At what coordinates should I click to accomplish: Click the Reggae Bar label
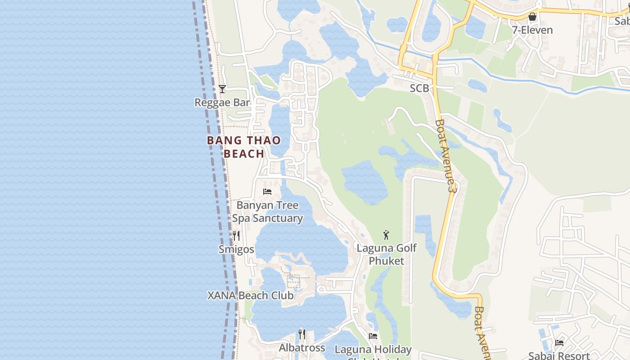[222, 103]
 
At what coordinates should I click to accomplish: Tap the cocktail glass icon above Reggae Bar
[222, 89]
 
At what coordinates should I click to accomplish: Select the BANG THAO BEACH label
[244, 147]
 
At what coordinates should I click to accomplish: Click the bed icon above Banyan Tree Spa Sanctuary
[267, 192]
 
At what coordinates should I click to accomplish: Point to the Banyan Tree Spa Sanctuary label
[267, 211]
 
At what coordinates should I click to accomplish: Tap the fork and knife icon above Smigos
[236, 235]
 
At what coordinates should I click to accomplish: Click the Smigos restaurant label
[236, 249]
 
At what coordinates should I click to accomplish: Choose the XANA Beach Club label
[250, 296]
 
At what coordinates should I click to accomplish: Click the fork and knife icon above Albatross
[302, 334]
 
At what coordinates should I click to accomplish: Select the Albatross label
[302, 348]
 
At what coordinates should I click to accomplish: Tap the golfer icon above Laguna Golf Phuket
[386, 234]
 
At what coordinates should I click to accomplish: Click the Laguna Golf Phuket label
[387, 254]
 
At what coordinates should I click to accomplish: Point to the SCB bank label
[419, 89]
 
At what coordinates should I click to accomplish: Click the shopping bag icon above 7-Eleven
[532, 17]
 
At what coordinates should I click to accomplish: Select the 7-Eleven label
[532, 30]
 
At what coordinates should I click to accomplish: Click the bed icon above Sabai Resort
[559, 342]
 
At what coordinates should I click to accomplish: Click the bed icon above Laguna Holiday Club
[373, 336]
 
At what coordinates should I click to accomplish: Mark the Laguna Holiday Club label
[373, 350]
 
